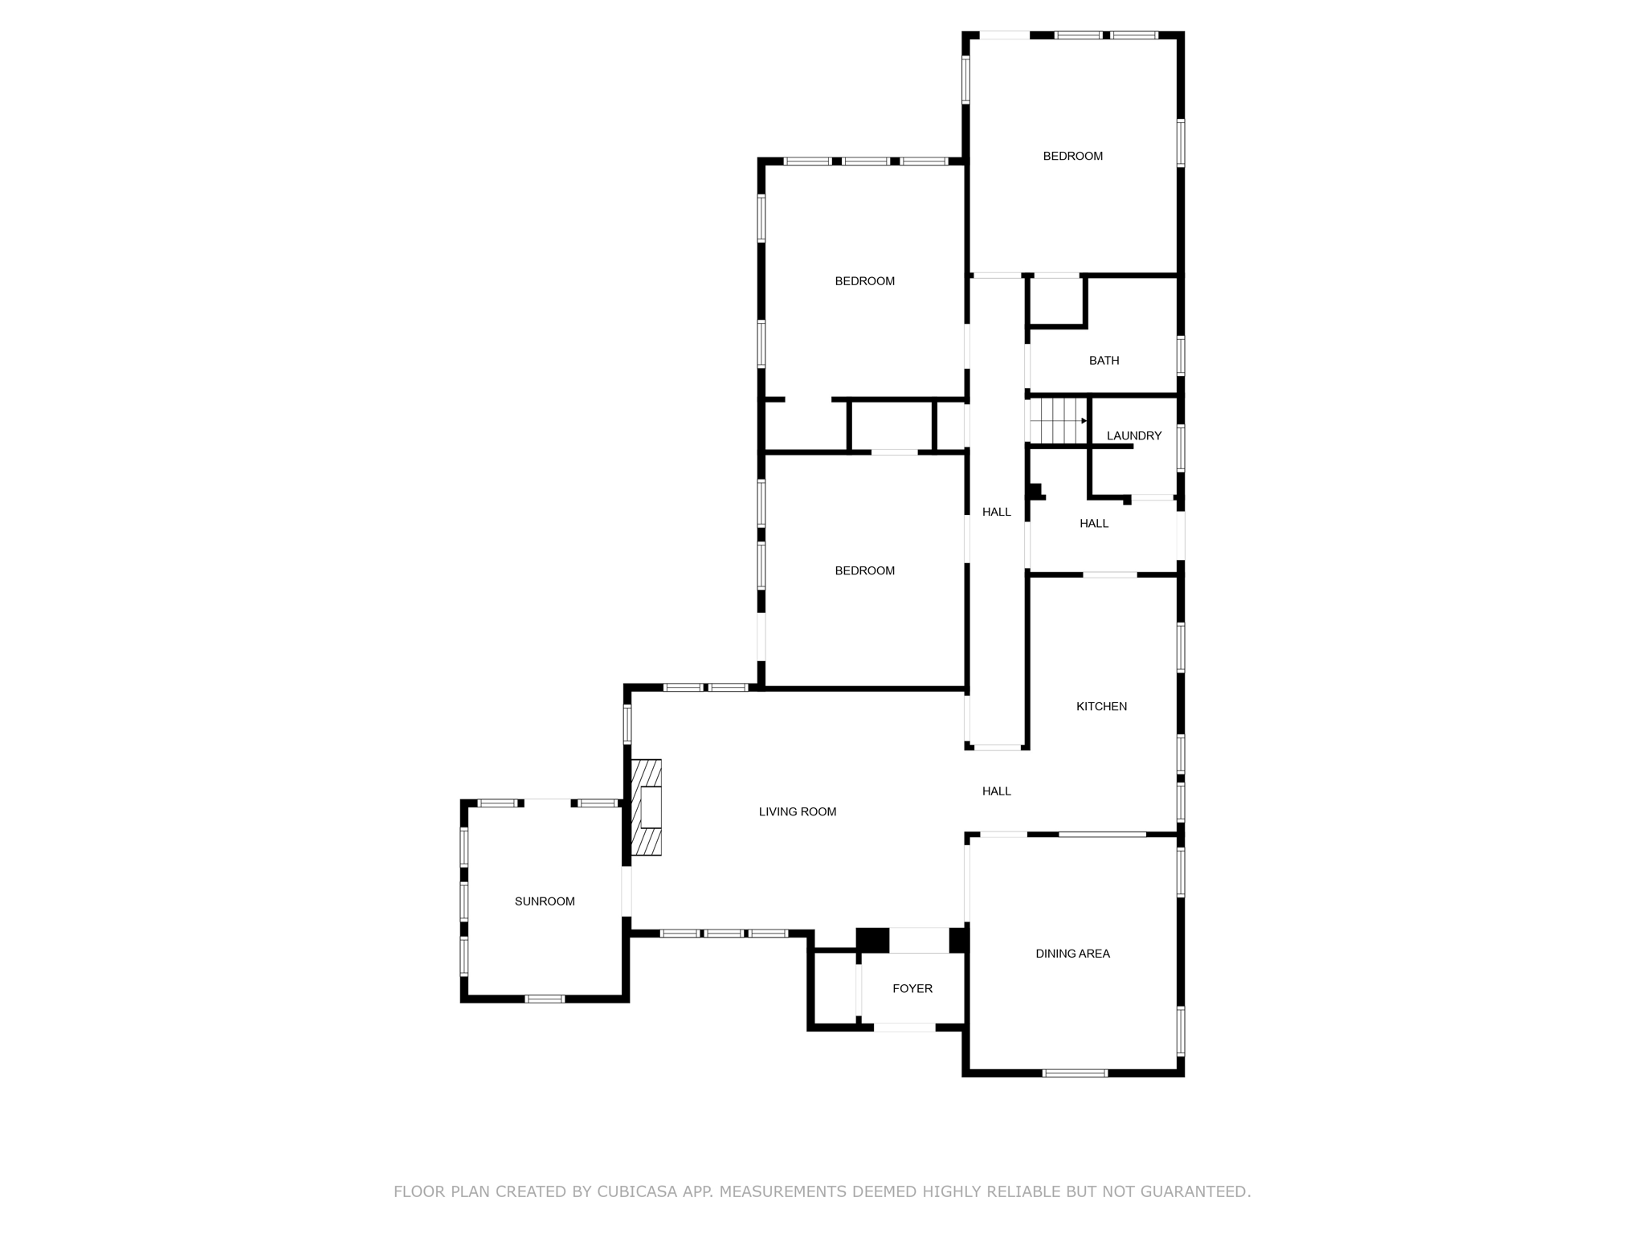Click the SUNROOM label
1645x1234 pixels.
coord(545,901)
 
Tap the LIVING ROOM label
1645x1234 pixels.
coord(798,811)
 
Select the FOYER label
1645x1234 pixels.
coord(912,988)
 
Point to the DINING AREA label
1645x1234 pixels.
coord(1072,954)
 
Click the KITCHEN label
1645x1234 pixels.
coord(1101,706)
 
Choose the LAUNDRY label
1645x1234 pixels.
coord(1133,435)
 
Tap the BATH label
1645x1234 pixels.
coord(1104,361)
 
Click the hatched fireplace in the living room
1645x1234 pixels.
coord(647,807)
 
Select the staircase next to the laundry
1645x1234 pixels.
coord(1058,421)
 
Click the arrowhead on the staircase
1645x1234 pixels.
coord(1084,421)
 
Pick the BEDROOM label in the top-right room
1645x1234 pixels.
coord(1072,156)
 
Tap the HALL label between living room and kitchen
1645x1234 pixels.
coord(996,791)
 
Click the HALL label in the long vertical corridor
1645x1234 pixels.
coord(996,512)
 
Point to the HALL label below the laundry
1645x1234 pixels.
coord(1093,524)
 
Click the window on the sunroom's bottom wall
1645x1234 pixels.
coord(545,999)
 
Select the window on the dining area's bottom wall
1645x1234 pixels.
coord(1075,1073)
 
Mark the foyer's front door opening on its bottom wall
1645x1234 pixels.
coord(904,1028)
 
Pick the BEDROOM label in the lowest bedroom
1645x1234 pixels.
coord(864,570)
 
